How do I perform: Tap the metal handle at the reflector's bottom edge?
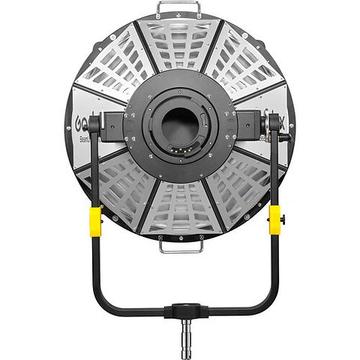pos(180,245)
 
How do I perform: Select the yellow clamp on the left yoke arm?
pos(95,220)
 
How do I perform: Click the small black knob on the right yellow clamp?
pos(283,219)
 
